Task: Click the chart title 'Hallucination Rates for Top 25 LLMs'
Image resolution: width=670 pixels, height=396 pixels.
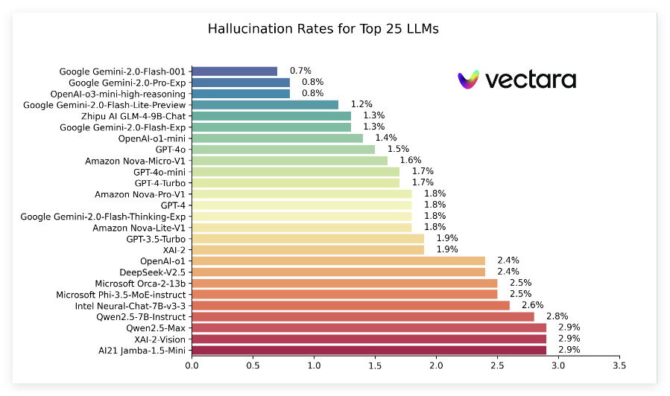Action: tap(323, 30)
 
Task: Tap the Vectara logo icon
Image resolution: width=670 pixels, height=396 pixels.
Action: tap(468, 80)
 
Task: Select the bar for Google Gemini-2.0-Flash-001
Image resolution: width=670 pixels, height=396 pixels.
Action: tap(234, 71)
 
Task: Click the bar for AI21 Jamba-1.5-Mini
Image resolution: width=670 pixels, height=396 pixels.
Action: tap(369, 350)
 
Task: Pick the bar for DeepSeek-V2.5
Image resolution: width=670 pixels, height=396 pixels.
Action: tap(338, 272)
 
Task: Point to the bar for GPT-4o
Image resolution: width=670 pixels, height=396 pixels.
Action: tap(283, 150)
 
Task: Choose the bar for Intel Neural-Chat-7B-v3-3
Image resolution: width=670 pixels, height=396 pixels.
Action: tap(350, 305)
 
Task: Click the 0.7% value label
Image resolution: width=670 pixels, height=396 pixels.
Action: tap(300, 71)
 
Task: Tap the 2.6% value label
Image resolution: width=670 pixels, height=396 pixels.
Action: tap(532, 305)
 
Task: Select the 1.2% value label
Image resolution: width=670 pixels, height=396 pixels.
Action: tap(361, 105)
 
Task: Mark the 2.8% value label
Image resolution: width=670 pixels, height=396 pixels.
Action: tap(557, 316)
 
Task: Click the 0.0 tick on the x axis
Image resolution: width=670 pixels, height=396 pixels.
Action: tap(192, 365)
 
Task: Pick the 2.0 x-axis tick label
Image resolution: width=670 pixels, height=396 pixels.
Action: tap(436, 365)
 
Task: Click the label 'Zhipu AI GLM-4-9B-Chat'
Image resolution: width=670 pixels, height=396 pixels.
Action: tap(133, 116)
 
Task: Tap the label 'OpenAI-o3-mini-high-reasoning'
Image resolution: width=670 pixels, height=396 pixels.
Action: tap(118, 94)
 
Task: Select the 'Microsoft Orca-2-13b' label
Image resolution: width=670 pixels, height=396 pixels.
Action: tap(140, 284)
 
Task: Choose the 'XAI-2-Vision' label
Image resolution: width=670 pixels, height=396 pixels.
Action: tap(155, 339)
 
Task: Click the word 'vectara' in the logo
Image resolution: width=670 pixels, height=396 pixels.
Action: tap(530, 80)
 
